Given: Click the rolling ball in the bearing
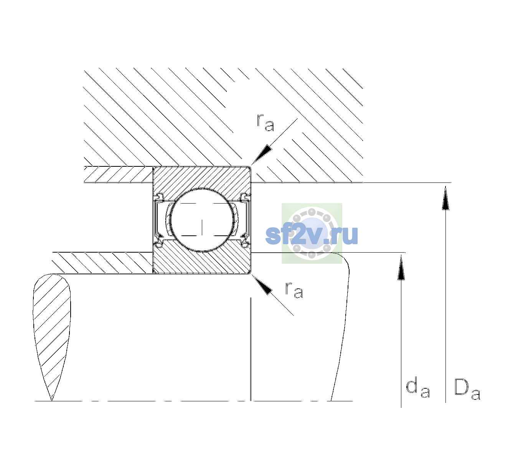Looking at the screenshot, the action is click(202, 220).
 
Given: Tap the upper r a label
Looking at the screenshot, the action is click(266, 123).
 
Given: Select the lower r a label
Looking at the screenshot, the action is click(294, 290).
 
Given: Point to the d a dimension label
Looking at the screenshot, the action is click(418, 388).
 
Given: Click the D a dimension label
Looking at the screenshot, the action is click(467, 389).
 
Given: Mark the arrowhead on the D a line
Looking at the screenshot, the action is click(445, 198).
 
